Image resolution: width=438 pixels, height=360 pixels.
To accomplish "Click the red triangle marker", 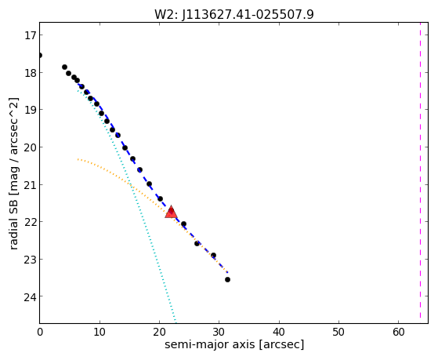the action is (171, 212).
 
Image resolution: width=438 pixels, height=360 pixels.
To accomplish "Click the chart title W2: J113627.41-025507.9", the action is (234, 15).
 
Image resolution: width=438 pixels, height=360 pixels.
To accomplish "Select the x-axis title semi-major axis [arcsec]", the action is (234, 344).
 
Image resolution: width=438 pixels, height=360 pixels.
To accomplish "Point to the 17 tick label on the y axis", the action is (29, 35).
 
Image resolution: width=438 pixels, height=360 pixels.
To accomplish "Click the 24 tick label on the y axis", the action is (29, 296).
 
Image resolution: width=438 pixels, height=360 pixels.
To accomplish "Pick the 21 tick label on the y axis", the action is (29, 185).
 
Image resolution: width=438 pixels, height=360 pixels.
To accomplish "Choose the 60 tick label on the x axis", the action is (398, 332).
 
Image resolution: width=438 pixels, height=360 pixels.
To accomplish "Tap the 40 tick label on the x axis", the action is (279, 332).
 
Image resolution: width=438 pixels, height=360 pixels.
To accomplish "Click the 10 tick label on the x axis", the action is (100, 332).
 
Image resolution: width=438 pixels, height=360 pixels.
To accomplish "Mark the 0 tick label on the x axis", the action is (40, 332).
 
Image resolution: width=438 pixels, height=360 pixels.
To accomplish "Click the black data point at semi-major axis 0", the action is (40, 56).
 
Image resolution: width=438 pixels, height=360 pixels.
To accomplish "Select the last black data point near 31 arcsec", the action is (228, 279).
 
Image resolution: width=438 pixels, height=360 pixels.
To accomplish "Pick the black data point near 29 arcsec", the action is (213, 255).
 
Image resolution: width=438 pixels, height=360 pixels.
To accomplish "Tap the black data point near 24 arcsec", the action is (183, 224).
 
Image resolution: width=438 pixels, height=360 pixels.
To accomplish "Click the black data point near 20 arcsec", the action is (161, 199).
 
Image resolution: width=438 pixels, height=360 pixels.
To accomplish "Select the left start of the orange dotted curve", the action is (78, 159).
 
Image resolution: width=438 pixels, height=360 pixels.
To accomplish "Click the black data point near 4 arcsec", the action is (64, 67).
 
